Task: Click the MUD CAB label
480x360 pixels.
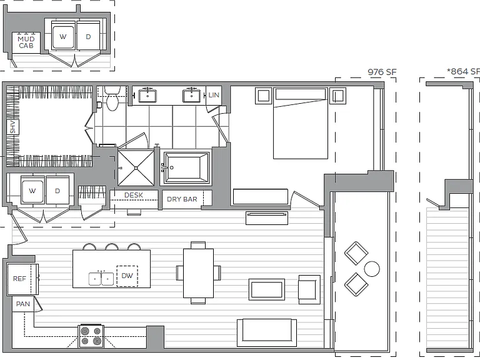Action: pyautogui.click(x=26, y=42)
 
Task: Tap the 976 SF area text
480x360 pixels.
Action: pyautogui.click(x=382, y=72)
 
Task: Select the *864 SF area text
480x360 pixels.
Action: pyautogui.click(x=463, y=71)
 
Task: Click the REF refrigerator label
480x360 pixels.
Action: pyautogui.click(x=19, y=279)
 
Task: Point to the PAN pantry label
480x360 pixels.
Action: pyautogui.click(x=23, y=304)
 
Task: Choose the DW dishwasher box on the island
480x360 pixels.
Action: pyautogui.click(x=127, y=276)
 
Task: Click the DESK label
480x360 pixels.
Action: pyautogui.click(x=134, y=195)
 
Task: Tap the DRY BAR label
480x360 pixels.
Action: pyautogui.click(x=182, y=199)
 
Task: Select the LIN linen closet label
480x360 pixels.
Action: pyautogui.click(x=214, y=95)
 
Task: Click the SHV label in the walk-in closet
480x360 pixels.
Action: pyautogui.click(x=12, y=127)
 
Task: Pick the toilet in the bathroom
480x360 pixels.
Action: pyautogui.click(x=112, y=98)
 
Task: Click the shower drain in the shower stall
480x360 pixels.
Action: pyautogui.click(x=136, y=167)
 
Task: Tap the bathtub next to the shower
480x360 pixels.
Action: pyautogui.click(x=186, y=168)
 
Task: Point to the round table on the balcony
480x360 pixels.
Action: pyautogui.click(x=372, y=269)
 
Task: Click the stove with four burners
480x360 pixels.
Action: pyautogui.click(x=91, y=336)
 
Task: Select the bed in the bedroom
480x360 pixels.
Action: pyautogui.click(x=300, y=123)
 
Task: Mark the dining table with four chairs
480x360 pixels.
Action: pyautogui.click(x=198, y=273)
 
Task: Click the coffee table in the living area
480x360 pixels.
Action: pyautogui.click(x=267, y=289)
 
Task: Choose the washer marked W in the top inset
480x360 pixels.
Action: pyautogui.click(x=63, y=37)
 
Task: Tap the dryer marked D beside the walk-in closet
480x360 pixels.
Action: pyautogui.click(x=57, y=191)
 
